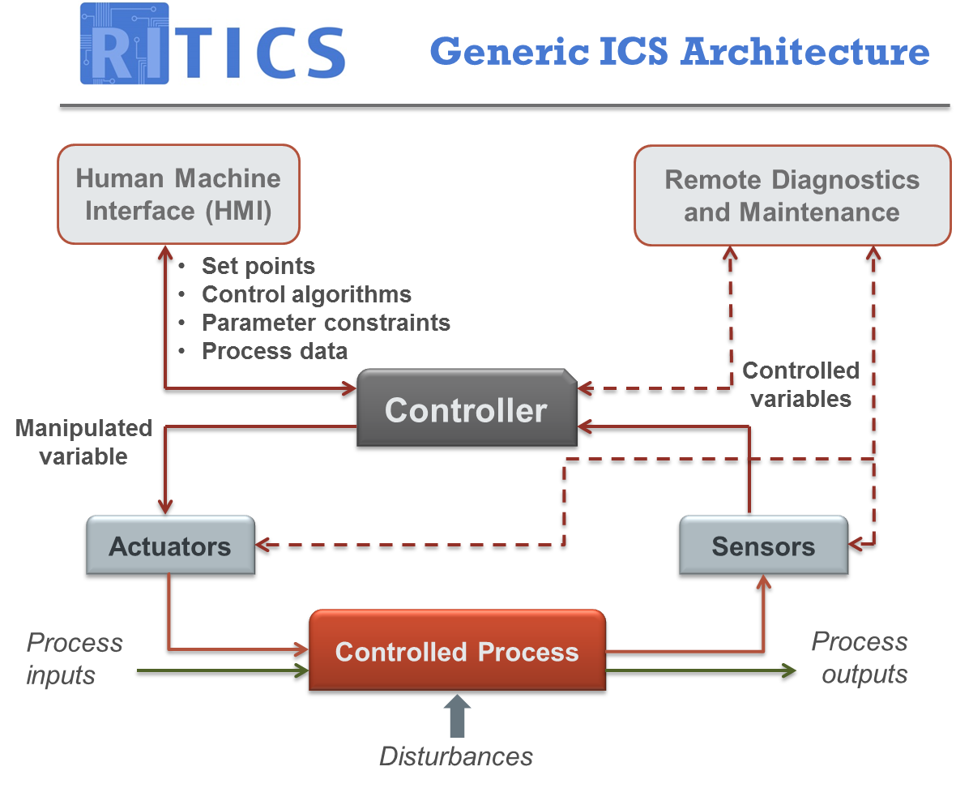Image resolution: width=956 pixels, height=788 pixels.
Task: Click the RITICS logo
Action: [212, 44]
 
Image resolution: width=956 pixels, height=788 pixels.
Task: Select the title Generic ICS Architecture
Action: [679, 52]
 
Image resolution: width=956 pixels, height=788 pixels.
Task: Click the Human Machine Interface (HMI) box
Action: [178, 195]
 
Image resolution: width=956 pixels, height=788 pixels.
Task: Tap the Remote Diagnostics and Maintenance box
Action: [792, 195]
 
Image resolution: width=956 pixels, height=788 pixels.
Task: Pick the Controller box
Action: [466, 410]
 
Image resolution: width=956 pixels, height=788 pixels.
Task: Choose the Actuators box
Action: [170, 546]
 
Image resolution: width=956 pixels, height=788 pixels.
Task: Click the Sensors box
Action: [763, 546]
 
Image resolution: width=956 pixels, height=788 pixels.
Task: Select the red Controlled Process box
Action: [457, 653]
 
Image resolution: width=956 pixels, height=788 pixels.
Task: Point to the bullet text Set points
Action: [258, 266]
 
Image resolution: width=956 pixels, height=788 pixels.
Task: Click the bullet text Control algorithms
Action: [306, 294]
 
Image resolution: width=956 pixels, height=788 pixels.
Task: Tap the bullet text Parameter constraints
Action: [326, 323]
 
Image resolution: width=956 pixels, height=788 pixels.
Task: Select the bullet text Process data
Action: [275, 351]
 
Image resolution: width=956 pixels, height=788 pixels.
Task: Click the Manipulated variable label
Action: [83, 442]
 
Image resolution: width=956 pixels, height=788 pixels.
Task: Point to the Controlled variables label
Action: [800, 384]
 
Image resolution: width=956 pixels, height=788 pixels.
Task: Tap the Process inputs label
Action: [74, 658]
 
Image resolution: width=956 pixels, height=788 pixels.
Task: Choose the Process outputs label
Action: [860, 657]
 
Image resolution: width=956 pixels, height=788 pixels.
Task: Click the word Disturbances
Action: [456, 756]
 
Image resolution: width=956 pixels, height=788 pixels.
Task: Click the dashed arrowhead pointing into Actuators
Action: [267, 546]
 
